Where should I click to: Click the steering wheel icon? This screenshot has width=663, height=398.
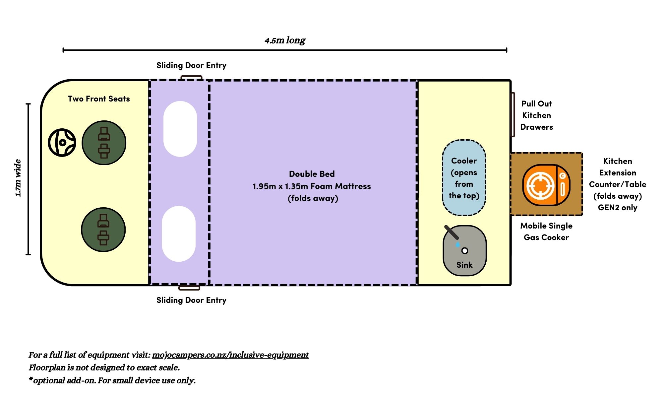click(x=62, y=143)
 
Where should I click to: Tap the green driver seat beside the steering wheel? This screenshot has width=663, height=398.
click(x=104, y=143)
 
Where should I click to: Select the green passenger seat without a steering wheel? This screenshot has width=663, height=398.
click(x=103, y=230)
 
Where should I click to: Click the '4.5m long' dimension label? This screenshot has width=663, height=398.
click(x=285, y=40)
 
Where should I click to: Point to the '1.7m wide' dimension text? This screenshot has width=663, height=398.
click(x=18, y=178)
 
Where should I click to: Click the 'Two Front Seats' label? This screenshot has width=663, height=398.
click(x=99, y=99)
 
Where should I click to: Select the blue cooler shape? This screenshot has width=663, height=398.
click(x=464, y=178)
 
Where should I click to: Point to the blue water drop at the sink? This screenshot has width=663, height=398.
click(x=457, y=245)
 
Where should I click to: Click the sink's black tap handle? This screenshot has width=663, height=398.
click(x=451, y=232)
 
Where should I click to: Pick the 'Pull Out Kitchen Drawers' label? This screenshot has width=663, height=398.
click(x=536, y=115)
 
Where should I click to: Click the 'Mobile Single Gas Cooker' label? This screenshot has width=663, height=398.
click(x=546, y=232)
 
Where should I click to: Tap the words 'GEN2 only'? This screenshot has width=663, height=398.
click(x=617, y=208)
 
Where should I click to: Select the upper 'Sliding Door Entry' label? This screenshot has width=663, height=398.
click(x=191, y=65)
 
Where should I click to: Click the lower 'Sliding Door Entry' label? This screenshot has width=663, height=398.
click(x=191, y=300)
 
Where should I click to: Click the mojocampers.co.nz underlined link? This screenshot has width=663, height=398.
click(x=230, y=355)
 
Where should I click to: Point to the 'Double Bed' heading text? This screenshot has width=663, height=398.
click(x=312, y=174)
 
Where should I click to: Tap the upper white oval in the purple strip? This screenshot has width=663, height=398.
click(x=180, y=129)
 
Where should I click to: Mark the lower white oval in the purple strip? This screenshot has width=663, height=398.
click(x=179, y=234)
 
